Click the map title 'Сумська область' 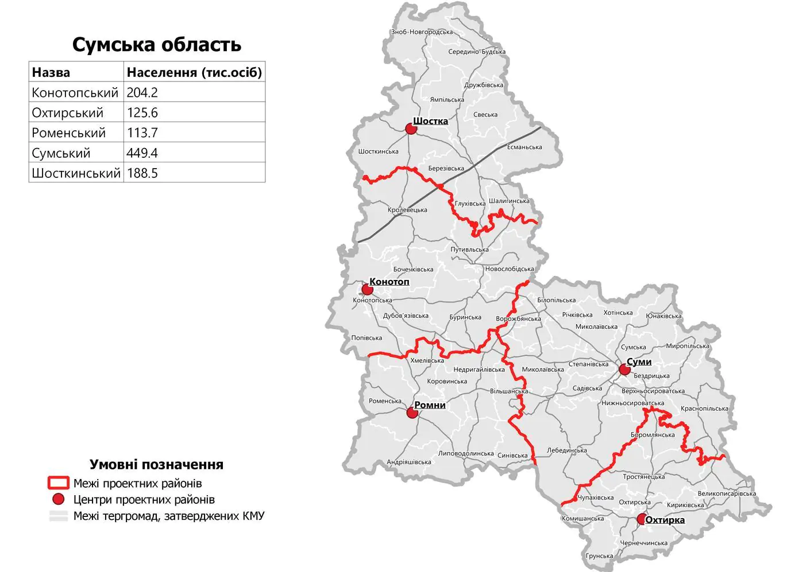pyautogui.click(x=156, y=45)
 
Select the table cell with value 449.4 pyautogui.click(x=142, y=153)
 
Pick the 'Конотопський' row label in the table pyautogui.click(x=75, y=92)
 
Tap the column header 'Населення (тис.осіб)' pyautogui.click(x=194, y=72)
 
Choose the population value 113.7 pyautogui.click(x=142, y=133)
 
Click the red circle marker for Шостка pyautogui.click(x=411, y=129)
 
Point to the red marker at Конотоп pyautogui.click(x=367, y=289)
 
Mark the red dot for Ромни pyautogui.click(x=412, y=413)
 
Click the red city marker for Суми pyautogui.click(x=624, y=369)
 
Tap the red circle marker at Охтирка pyautogui.click(x=642, y=520)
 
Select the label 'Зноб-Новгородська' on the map pyautogui.click(x=422, y=32)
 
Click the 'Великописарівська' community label pyautogui.click(x=727, y=493)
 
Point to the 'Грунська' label pyautogui.click(x=599, y=556)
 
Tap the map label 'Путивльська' pyautogui.click(x=469, y=250)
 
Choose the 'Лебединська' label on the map pyautogui.click(x=566, y=450)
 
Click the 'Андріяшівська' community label pyautogui.click(x=408, y=462)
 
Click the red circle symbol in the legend pyautogui.click(x=59, y=499)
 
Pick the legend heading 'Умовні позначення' pyautogui.click(x=156, y=464)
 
